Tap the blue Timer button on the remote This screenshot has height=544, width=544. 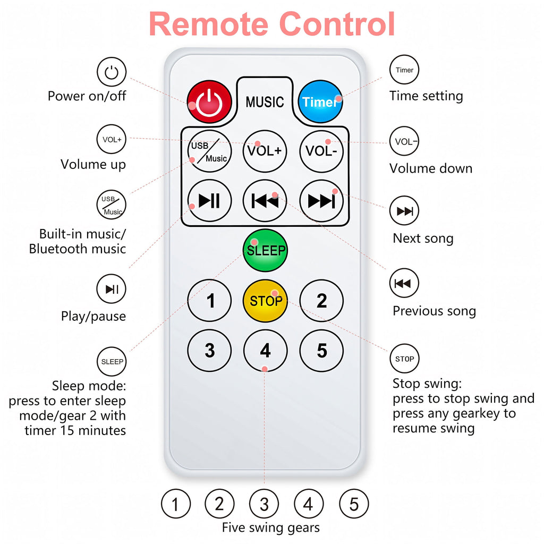320,101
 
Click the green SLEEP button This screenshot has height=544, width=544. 266,250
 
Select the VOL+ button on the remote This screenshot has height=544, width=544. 265,151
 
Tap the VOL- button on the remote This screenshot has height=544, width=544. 321,151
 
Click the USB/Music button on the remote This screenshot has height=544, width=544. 209,151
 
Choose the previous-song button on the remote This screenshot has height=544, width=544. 265,200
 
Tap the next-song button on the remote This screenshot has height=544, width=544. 321,200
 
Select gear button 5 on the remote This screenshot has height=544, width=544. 321,351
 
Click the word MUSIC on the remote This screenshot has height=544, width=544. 265,102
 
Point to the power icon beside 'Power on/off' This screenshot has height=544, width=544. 112,72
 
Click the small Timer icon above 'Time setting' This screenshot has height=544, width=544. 404,70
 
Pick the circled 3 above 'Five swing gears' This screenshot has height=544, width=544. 264,504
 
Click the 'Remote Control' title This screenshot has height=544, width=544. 272,23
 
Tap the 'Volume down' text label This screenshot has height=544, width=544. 431,168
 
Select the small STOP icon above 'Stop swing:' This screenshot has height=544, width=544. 404,359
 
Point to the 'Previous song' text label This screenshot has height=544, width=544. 435,311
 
